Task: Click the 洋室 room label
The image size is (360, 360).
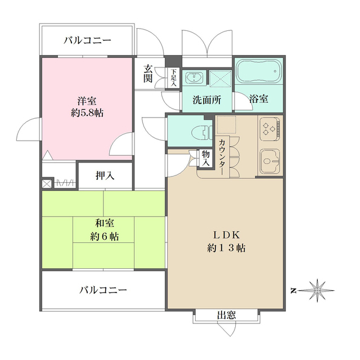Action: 87,101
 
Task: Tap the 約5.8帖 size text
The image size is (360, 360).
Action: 87,112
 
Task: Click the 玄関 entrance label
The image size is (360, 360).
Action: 148,73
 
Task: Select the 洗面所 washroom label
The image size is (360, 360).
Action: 206,100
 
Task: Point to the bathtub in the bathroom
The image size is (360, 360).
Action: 259,71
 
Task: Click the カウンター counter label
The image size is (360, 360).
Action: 223,158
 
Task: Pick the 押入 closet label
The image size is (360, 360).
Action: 105,175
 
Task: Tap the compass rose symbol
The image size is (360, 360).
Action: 318,290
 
